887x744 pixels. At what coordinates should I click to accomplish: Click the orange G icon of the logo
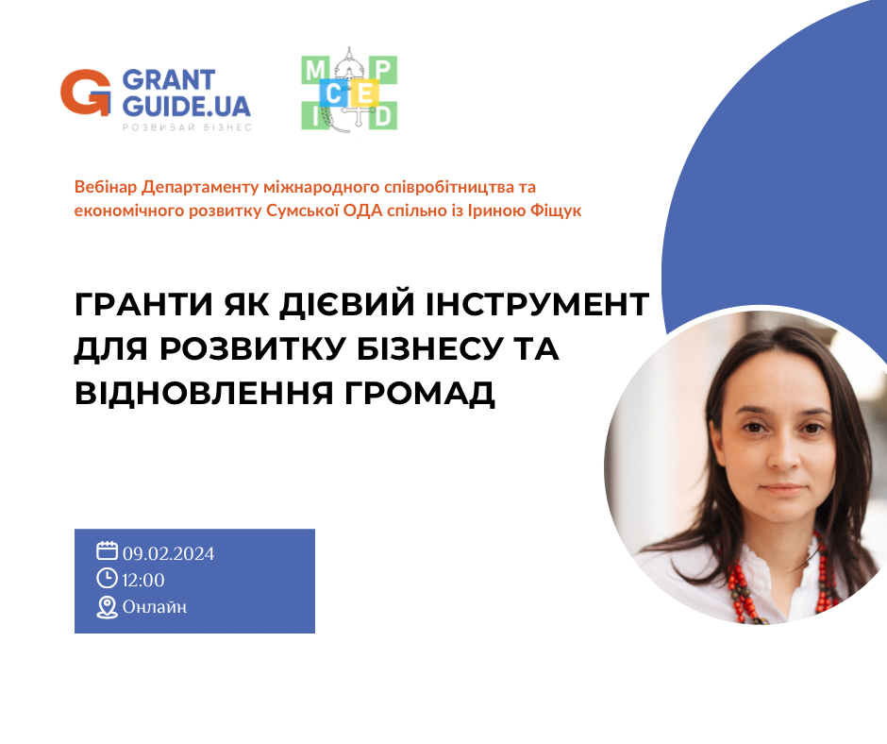(x=86, y=93)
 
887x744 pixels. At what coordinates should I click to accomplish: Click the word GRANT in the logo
(x=169, y=80)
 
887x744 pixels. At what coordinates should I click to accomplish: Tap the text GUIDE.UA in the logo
(x=186, y=106)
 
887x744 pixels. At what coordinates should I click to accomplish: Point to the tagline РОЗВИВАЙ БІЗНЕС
(x=187, y=127)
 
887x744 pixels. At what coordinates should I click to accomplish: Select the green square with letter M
(x=315, y=70)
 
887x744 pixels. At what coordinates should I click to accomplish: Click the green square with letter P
(x=383, y=70)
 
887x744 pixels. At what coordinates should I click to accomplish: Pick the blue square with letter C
(x=334, y=93)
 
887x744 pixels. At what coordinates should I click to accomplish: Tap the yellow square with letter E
(x=365, y=93)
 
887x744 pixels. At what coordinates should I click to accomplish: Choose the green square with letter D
(x=383, y=116)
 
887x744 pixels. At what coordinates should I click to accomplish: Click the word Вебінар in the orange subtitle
(x=106, y=187)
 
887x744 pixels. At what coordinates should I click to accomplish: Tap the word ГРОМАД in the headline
(x=419, y=393)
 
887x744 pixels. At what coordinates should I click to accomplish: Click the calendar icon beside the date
(x=107, y=551)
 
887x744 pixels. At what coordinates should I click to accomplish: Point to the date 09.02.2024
(x=169, y=553)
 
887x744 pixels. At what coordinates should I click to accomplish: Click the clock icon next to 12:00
(x=107, y=578)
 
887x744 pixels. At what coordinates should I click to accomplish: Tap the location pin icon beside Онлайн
(x=107, y=607)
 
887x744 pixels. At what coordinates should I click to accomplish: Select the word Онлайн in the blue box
(x=155, y=607)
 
